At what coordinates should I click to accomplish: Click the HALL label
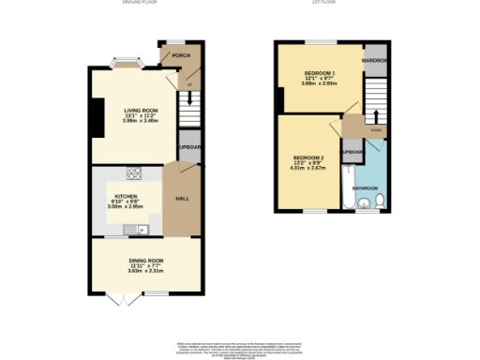[183, 199]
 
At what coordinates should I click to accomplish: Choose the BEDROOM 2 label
[308, 157]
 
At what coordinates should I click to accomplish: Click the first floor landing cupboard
[352, 152]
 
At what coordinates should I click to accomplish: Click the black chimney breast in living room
[96, 115]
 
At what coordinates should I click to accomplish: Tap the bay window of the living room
[125, 65]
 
